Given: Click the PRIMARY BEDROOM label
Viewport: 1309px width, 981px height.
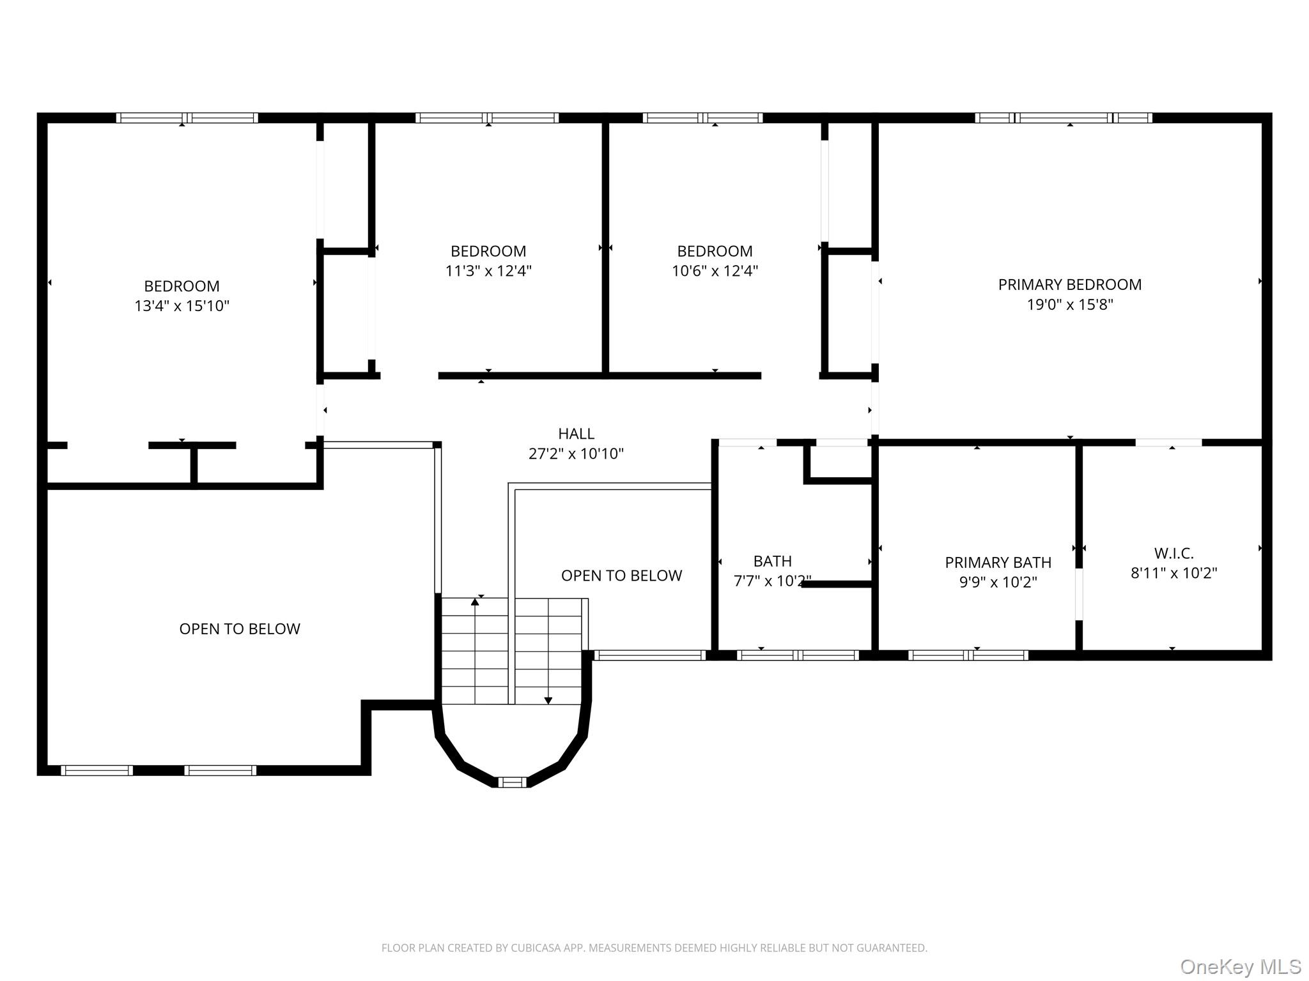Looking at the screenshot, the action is click(x=1069, y=284).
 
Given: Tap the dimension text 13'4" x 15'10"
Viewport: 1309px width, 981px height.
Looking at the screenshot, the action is click(x=182, y=306).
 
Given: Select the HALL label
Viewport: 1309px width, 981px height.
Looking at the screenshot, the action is click(x=576, y=434).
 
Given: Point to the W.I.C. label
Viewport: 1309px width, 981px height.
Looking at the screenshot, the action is click(x=1173, y=553).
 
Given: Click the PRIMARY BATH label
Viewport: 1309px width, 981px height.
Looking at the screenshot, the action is click(x=998, y=562).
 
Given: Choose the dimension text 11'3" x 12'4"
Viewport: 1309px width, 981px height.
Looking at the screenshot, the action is click(x=488, y=271).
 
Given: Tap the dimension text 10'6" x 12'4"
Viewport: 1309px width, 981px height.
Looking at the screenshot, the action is click(x=715, y=271).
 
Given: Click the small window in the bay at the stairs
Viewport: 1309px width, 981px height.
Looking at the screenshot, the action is click(x=512, y=782).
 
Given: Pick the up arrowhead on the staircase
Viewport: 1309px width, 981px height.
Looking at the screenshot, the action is click(x=475, y=601).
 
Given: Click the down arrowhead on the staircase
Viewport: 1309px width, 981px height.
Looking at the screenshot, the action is click(x=548, y=701).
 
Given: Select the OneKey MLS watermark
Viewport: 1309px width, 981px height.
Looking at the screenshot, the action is click(x=1241, y=966).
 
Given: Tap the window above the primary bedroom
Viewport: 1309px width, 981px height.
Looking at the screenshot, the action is click(x=1064, y=118).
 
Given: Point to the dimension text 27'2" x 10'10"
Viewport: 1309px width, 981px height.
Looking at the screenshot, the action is click(x=576, y=453).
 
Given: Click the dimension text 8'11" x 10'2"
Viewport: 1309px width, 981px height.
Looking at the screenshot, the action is click(x=1173, y=573).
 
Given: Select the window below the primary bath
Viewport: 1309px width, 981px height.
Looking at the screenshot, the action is click(x=968, y=655).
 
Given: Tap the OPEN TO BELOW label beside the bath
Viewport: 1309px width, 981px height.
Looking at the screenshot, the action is click(x=621, y=575).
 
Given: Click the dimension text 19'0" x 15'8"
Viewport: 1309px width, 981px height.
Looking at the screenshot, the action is click(x=1069, y=305).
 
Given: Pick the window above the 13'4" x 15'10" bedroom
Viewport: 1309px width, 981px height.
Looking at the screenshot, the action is click(x=187, y=118).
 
